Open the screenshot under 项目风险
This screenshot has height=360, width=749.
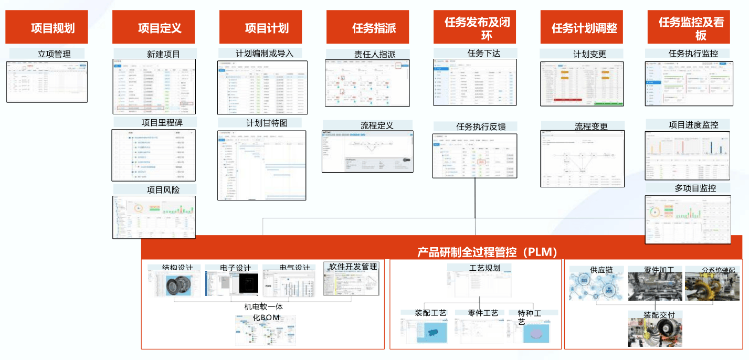coord(154,217)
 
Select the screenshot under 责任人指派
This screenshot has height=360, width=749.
coord(367,83)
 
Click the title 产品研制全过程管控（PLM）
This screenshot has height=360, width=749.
coord(487,252)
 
